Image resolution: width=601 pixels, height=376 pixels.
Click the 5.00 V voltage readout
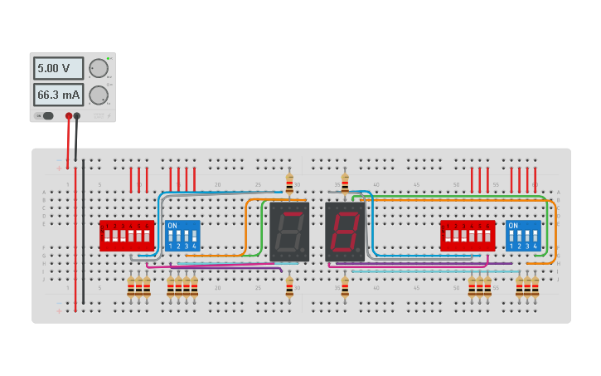coord(58,68)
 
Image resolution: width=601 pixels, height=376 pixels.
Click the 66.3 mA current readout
coord(58,95)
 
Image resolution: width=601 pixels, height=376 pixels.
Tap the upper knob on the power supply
coord(98,68)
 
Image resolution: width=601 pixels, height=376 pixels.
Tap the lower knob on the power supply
coord(98,95)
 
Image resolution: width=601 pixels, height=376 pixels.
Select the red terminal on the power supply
coord(69,116)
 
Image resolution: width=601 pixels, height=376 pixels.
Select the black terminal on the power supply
coord(77,116)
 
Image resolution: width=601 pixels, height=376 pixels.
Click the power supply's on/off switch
coord(46,116)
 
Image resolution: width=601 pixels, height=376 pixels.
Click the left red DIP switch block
coord(127,235)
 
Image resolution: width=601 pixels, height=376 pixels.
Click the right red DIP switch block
coord(468,235)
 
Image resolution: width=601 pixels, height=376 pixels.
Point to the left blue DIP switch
coord(182,236)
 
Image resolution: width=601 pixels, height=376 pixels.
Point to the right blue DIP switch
coord(523,236)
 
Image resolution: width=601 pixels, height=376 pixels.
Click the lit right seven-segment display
coord(345,232)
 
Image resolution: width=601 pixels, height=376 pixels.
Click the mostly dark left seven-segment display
coord(289,232)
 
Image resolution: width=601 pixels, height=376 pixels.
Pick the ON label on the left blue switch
coord(172,225)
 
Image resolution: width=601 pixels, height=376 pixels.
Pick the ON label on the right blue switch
coord(513,225)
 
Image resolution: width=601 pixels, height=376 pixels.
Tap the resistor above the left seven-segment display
coord(289,183)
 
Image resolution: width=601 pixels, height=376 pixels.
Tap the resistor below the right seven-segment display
coord(345,287)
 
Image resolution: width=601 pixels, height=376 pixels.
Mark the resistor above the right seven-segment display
coord(345,183)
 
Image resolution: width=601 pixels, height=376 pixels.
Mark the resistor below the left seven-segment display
coord(289,287)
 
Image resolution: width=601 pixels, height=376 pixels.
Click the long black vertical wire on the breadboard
coord(83,232)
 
